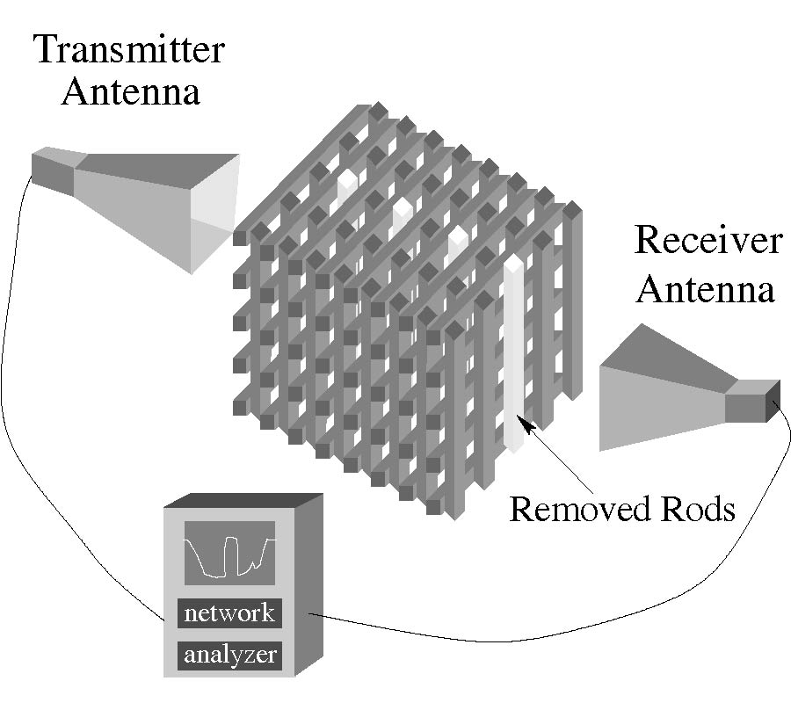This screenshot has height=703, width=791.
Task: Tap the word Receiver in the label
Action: (708, 239)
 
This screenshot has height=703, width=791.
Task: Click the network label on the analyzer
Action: (229, 612)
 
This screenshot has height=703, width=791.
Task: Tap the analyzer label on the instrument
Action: (229, 654)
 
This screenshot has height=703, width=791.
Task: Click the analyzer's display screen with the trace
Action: (229, 553)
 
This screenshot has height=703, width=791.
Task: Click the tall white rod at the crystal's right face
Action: (512, 351)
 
